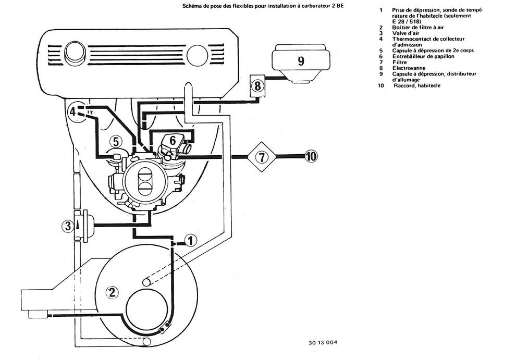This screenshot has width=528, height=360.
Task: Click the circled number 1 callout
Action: click(190, 240)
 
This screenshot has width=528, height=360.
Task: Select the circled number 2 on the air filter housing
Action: click(112, 292)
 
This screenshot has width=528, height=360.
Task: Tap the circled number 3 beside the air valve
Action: click(68, 226)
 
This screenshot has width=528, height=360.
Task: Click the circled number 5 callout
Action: click(115, 142)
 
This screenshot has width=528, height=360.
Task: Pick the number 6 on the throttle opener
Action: click(173, 140)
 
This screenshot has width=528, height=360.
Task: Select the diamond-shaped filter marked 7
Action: click(262, 157)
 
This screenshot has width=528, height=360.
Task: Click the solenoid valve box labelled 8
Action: click(257, 86)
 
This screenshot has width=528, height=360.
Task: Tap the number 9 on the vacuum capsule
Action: click(301, 61)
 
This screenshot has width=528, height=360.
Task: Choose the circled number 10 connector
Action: click(311, 156)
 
